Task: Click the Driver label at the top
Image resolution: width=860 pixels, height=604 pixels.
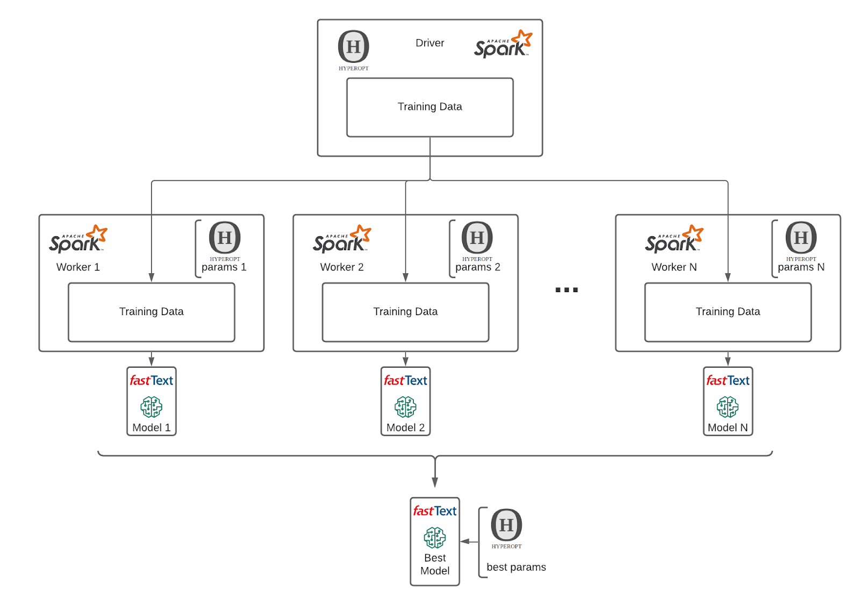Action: (429, 43)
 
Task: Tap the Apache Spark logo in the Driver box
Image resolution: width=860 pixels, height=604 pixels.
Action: (503, 44)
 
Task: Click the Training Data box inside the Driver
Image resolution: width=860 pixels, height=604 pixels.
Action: (429, 107)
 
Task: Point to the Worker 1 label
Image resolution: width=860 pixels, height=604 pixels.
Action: (78, 267)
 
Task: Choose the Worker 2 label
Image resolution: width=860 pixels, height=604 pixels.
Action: (342, 267)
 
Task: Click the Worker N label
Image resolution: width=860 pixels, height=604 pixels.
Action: (674, 267)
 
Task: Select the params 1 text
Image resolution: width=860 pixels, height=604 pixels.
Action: (224, 267)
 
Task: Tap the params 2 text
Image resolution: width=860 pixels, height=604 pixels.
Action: (477, 267)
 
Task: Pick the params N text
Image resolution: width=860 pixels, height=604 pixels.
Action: (801, 267)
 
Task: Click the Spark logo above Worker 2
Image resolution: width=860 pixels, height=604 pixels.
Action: (342, 239)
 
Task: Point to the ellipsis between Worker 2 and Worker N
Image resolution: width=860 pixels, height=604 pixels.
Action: (567, 290)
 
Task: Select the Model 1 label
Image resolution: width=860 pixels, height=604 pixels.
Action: (152, 427)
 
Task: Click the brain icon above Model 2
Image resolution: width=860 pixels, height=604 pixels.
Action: (405, 407)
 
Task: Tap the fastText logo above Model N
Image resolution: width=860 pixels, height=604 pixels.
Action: (728, 381)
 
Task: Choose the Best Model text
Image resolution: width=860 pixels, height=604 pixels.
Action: (435, 564)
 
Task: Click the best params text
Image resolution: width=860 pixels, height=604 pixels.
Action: (516, 567)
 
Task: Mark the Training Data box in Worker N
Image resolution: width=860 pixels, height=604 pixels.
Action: (728, 312)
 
